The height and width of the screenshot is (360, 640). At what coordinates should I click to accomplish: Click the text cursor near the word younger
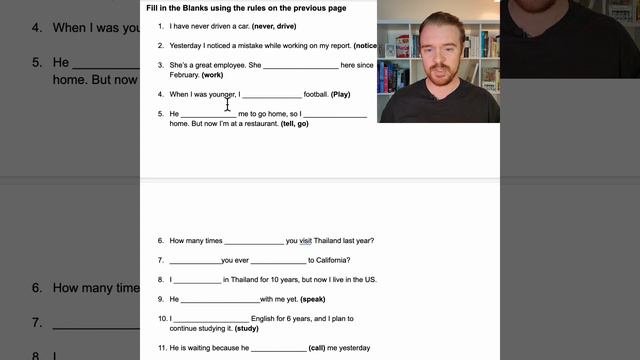[x=228, y=103]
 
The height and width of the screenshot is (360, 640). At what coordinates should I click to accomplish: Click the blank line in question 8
[x=197, y=280]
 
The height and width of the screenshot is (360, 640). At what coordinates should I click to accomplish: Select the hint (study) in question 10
[x=246, y=328]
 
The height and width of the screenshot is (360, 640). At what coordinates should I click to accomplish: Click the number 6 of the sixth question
[x=160, y=241]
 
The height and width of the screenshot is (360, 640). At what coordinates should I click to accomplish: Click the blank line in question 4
[x=271, y=95]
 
